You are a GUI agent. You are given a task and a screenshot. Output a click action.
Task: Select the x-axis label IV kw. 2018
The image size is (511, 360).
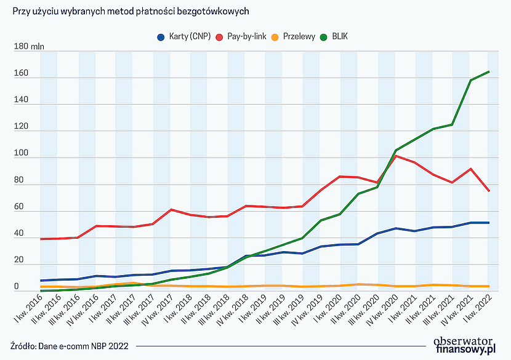[x=235, y=314]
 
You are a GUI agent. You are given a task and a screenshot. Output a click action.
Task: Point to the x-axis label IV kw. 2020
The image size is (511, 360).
[x=384, y=314]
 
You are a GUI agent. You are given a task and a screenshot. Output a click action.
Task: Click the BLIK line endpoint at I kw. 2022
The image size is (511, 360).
[x=489, y=71]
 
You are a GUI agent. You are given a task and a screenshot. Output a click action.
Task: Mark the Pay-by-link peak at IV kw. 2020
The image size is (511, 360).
[x=395, y=156]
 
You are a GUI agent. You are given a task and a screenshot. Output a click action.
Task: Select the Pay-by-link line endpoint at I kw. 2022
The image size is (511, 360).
[x=489, y=191]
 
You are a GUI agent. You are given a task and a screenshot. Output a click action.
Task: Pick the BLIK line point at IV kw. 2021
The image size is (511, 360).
[x=470, y=80]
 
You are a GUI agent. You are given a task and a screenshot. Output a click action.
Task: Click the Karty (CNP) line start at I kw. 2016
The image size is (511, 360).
[x=41, y=281]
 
